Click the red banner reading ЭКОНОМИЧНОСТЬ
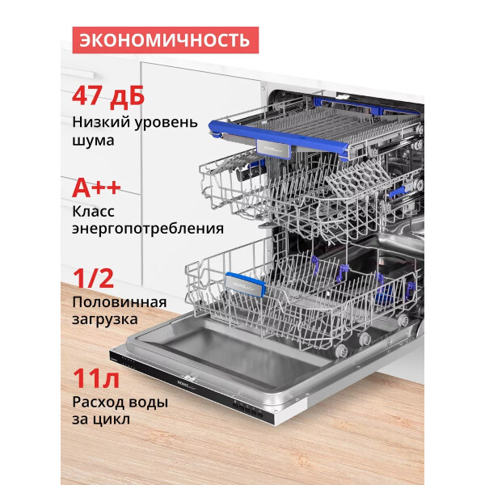point(166,40)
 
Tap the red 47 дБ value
point(108,96)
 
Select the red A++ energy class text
point(96,188)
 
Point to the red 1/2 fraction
point(93,278)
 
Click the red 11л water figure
point(96,378)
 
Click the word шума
point(93,141)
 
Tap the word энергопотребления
point(148,230)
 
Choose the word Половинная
point(120,302)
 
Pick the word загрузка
point(105,320)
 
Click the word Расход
point(98,402)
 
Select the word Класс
point(94,212)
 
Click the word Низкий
point(101,122)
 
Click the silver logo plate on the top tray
point(274,149)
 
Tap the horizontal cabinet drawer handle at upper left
point(78,73)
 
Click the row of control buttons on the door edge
point(247,408)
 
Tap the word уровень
point(166,123)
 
